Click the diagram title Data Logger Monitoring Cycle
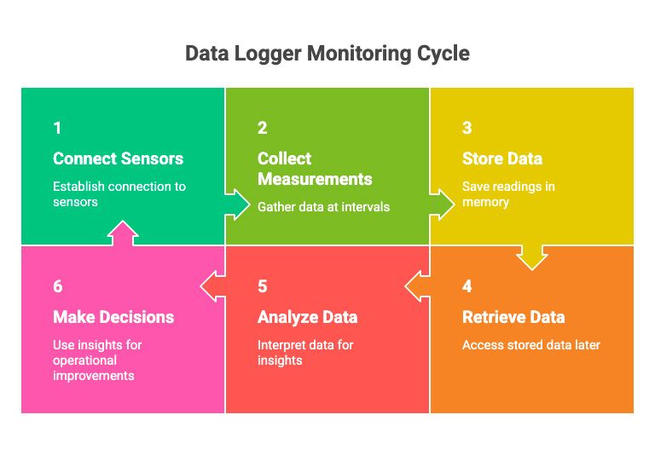(x=327, y=54)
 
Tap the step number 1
(x=58, y=128)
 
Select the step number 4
(x=467, y=286)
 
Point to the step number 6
(x=58, y=286)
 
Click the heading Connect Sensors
(x=119, y=158)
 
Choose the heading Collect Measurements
(x=315, y=169)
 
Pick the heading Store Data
(x=502, y=158)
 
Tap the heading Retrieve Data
(x=513, y=317)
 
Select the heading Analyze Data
(x=307, y=317)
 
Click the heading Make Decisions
(x=113, y=317)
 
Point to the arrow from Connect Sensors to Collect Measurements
(x=237, y=204)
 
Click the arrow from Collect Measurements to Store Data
(x=442, y=204)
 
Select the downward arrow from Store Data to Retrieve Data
(x=532, y=257)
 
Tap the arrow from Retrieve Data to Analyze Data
(x=417, y=286)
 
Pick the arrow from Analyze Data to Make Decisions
(x=212, y=286)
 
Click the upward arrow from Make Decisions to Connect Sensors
(x=123, y=233)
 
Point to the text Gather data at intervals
(x=324, y=207)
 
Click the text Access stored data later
(x=531, y=345)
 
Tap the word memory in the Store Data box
(x=485, y=203)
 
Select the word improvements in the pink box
(x=94, y=376)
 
